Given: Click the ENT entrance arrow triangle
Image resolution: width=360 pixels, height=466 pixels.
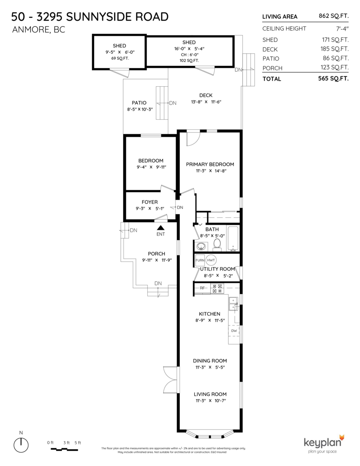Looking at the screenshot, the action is pos(161,228).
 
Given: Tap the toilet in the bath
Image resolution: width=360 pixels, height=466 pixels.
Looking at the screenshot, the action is pos(217,245).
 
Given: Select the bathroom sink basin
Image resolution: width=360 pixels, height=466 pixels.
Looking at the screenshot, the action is pos(201,246).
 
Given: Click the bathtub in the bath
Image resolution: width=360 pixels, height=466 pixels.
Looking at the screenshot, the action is pos(233,239).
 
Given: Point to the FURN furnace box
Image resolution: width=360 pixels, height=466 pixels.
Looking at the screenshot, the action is pos(200,260).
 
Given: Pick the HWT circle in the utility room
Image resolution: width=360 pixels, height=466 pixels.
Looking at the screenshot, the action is pos(211,260).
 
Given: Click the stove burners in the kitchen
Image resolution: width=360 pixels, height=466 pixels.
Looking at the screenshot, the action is pos(217,289).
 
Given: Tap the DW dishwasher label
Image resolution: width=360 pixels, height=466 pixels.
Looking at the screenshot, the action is pos(234,331).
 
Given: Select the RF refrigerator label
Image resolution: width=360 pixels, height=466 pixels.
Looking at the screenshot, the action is pos(202,288).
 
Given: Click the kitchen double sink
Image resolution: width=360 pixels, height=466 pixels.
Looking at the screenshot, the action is pos(233,304).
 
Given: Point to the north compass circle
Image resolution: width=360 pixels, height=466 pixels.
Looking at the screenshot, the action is pos(21,445).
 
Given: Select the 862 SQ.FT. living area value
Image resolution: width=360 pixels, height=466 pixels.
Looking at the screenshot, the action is pos(334,16).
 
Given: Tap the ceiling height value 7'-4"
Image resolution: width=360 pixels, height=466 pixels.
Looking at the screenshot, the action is pos(343,29).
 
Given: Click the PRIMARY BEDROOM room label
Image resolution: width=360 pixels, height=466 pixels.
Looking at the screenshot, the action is pos(210,164).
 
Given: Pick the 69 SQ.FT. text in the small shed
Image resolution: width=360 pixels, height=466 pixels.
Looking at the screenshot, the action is pos(120,58).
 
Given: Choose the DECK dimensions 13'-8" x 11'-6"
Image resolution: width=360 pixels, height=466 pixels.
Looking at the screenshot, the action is pos(206,102).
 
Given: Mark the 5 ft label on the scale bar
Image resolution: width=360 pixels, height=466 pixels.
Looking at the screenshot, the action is pos(78,443).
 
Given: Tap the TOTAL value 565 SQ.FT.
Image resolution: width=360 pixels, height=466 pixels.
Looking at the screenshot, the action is pos(334,78).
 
